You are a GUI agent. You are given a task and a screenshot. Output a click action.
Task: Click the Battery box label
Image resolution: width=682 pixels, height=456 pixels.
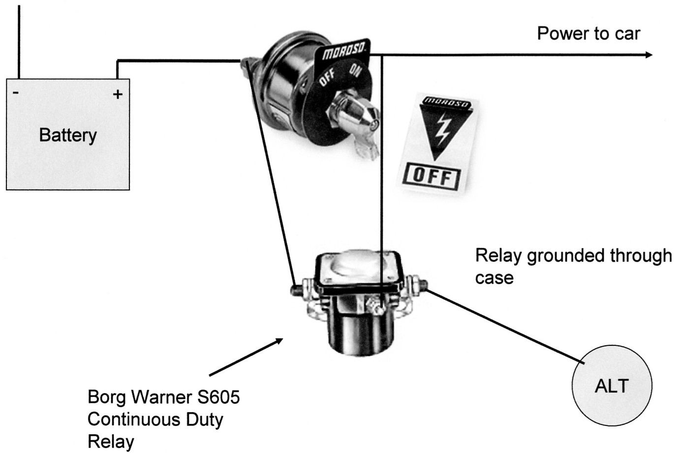pos(67,135)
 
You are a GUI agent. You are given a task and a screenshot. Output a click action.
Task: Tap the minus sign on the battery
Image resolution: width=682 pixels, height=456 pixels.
pos(16,92)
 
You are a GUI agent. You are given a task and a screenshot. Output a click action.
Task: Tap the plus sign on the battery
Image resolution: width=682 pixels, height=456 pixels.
pos(118,94)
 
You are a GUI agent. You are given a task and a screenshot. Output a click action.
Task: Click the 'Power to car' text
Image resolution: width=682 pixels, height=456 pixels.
pos(588,33)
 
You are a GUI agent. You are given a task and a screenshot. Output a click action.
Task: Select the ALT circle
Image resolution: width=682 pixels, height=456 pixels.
pos(612,385)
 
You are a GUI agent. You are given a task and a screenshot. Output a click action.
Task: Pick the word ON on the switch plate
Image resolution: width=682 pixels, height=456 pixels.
pos(355,70)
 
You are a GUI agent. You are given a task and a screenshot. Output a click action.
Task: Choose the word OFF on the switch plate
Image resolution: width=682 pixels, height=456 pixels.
pos(328,77)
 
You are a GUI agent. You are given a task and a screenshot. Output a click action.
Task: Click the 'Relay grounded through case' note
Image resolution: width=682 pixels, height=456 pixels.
pos(573,266)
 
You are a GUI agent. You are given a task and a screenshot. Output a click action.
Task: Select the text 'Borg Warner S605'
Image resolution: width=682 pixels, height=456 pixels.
pos(163,397)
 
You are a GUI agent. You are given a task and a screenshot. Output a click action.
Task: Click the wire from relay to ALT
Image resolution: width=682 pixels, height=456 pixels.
pos(507,327)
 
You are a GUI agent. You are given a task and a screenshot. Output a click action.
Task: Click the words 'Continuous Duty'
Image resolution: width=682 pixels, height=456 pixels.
pos(155,420)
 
